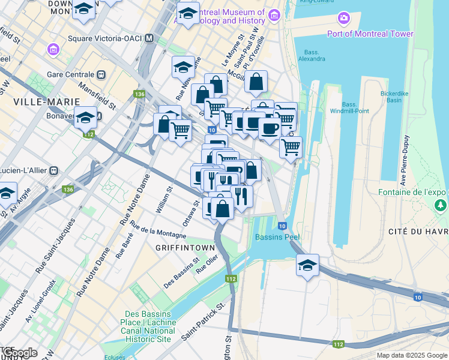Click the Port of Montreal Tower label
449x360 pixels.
[x=370, y=34]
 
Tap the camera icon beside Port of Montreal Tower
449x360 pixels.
[x=344, y=19]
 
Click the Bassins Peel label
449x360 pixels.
[x=277, y=237]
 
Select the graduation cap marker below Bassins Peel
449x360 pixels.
[x=307, y=265]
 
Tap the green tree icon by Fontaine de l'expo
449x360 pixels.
[x=441, y=206]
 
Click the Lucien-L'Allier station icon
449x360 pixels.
[x=54, y=170]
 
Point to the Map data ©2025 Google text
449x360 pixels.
[x=412, y=355]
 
